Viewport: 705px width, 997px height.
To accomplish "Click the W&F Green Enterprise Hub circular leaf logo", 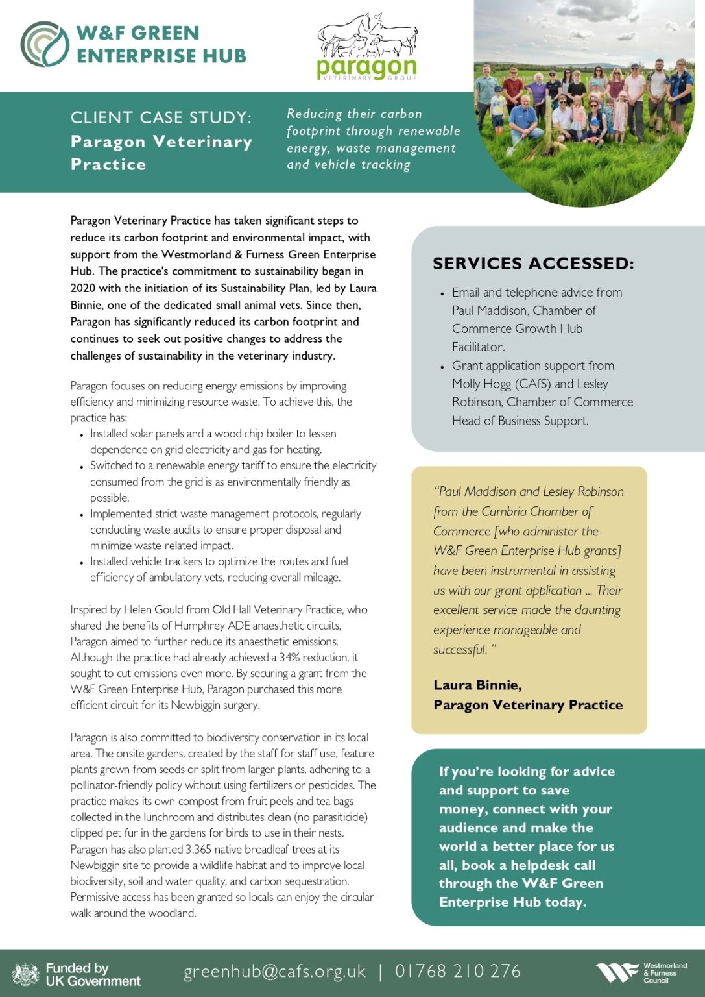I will pyautogui.click(x=44, y=44).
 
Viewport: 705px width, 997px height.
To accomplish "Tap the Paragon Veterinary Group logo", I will pyautogui.click(x=367, y=47).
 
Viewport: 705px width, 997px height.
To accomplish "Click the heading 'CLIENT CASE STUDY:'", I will pyautogui.click(x=161, y=117).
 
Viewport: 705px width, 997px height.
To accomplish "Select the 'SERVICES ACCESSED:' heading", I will pyautogui.click(x=533, y=264).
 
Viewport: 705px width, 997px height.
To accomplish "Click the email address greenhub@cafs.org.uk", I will pyautogui.click(x=275, y=971).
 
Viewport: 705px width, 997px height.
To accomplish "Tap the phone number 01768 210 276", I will pyautogui.click(x=458, y=971).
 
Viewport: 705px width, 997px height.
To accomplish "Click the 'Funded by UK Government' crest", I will pyautogui.click(x=26, y=974).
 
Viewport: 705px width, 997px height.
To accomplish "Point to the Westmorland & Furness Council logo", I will pyautogui.click(x=641, y=972).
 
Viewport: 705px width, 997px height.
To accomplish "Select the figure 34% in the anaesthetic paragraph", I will pyautogui.click(x=290, y=658).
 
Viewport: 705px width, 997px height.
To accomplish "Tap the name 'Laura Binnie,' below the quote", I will pyautogui.click(x=477, y=685).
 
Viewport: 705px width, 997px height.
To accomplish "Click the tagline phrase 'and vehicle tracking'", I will pyautogui.click(x=348, y=165).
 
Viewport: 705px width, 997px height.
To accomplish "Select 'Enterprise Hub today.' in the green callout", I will pyautogui.click(x=512, y=902).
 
